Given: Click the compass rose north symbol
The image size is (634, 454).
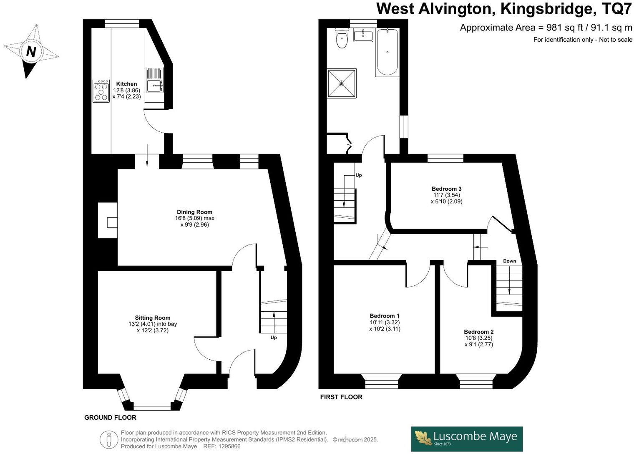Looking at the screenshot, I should pyautogui.click(x=31, y=51).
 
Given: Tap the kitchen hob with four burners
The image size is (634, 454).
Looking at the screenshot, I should pyautogui.click(x=101, y=91).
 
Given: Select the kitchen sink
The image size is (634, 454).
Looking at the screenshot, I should pyautogui.click(x=155, y=80).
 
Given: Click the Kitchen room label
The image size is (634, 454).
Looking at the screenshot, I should pyautogui.click(x=126, y=84).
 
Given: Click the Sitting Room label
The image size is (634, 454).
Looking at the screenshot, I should pyautogui.click(x=153, y=318).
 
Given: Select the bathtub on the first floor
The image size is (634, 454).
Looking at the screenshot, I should pyautogui.click(x=387, y=52).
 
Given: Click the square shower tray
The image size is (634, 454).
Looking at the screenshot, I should pyautogui.click(x=342, y=83).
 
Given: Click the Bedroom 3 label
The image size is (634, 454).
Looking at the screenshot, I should pyautogui.click(x=446, y=189).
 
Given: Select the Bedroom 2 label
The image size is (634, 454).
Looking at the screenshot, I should pyautogui.click(x=478, y=332).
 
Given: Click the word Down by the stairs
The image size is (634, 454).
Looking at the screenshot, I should pyautogui.click(x=509, y=261).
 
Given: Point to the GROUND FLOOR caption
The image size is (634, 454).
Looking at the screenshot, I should pyautogui.click(x=110, y=417).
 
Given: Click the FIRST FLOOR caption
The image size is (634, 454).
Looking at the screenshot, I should pyautogui.click(x=341, y=397).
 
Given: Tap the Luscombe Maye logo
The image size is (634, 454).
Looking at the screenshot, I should pyautogui.click(x=467, y=439).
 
